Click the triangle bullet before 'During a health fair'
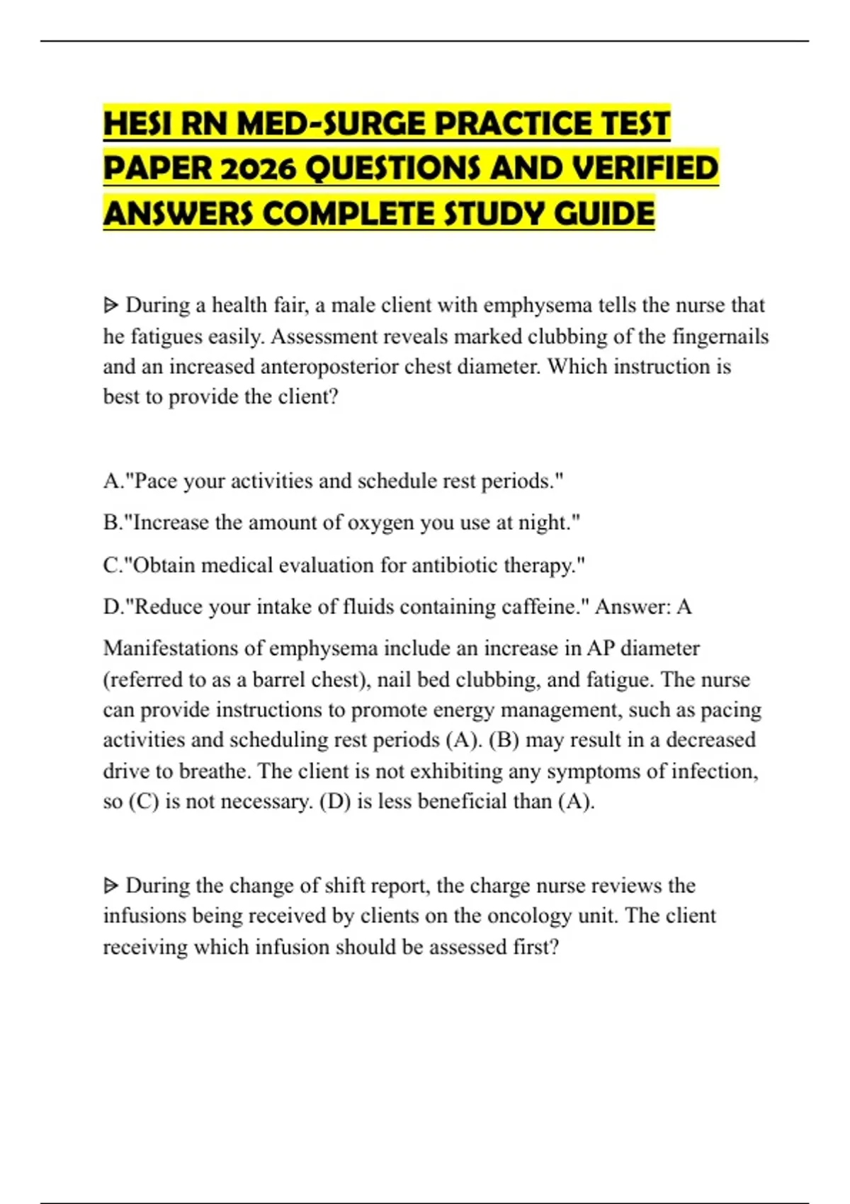tap(110, 306)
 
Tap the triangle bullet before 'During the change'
tap(110, 886)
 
